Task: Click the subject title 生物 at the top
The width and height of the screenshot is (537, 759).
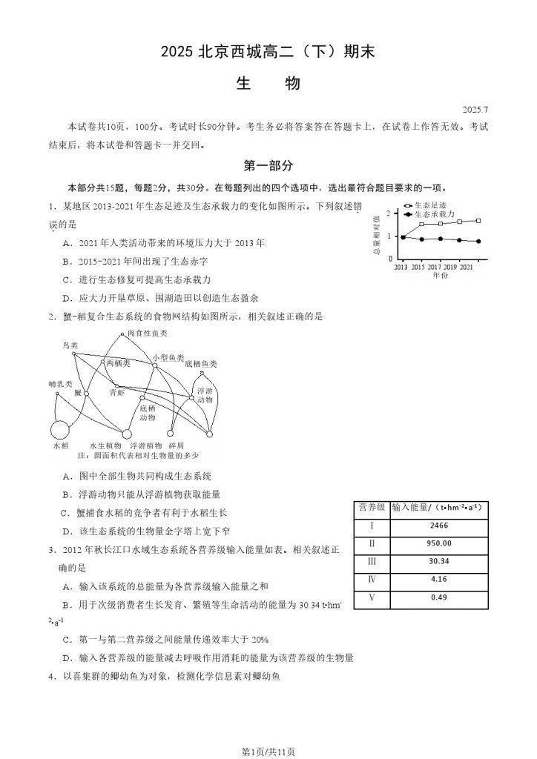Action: click(268, 84)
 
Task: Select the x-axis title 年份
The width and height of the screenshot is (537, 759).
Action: click(440, 275)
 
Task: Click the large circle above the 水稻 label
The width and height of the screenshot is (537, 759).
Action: click(60, 430)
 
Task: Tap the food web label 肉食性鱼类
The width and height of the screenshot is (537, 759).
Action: click(148, 334)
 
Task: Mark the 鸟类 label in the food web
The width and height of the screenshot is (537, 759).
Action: click(70, 346)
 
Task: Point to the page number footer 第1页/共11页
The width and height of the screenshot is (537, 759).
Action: click(268, 752)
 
